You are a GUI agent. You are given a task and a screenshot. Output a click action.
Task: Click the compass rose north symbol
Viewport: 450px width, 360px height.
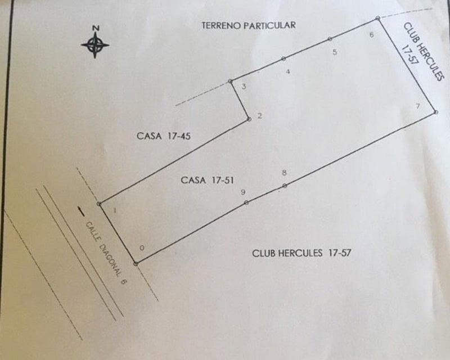coord(95,45)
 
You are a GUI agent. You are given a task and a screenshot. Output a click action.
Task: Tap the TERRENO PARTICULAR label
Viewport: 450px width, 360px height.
coord(249,25)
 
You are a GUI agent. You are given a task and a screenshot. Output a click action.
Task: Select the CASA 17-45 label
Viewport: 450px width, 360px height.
coord(163,136)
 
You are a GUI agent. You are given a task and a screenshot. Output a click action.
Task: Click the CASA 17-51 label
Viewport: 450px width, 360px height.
coord(207,181)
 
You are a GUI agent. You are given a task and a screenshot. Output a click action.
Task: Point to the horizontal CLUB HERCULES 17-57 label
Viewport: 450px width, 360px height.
coord(301,253)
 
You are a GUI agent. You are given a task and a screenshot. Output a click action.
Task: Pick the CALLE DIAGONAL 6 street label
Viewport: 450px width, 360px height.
coord(106,253)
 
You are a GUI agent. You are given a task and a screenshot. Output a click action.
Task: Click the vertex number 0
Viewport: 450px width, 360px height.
coord(142,247)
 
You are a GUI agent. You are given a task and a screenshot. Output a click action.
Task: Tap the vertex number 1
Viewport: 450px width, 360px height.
coord(115,211)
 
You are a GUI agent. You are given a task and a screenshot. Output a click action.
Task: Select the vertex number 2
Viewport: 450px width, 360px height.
coord(259,116)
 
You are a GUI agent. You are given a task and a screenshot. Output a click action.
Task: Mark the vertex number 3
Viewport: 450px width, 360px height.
coord(244,87)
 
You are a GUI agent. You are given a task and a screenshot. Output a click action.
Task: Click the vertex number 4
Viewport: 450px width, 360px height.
coord(288,71)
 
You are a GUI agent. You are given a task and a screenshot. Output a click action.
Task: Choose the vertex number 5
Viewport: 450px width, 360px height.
coord(335,52)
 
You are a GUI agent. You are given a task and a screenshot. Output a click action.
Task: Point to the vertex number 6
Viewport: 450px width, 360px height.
coord(372,35)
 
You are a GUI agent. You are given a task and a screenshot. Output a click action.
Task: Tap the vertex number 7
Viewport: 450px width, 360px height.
coord(418,106)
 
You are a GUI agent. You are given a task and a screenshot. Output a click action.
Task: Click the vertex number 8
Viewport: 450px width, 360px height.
coord(284,173)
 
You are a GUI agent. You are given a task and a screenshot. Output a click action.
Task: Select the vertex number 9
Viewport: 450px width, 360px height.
coord(243,192)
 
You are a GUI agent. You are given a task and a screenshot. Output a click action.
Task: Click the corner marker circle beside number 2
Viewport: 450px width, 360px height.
coord(249,119)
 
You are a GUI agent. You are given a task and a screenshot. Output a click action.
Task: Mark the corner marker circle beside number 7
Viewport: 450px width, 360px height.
coord(435,112)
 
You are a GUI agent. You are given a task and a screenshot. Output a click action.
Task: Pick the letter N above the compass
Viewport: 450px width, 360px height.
coord(96,28)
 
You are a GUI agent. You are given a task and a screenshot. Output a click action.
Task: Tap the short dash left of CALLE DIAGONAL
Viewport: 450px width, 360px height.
coord(81,211)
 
